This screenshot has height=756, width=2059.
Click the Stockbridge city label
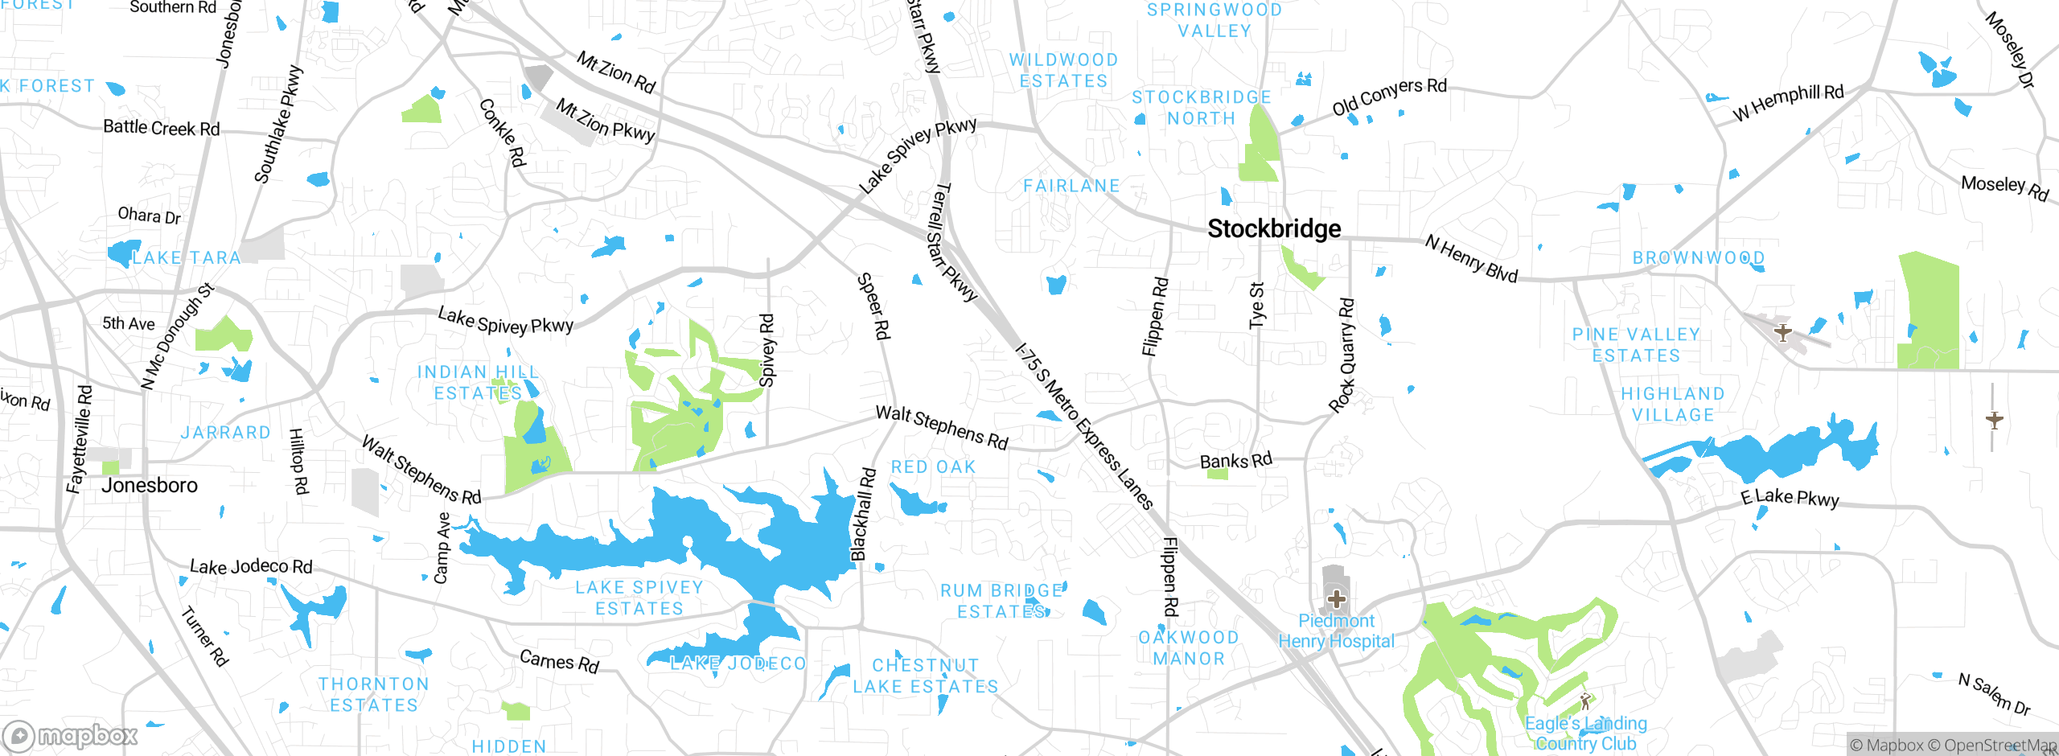pyautogui.click(x=1274, y=229)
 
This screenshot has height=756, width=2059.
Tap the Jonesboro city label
pyautogui.click(x=150, y=486)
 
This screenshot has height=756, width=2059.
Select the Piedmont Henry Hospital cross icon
pyautogui.click(x=1336, y=599)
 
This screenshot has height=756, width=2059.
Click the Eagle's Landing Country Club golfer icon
pyautogui.click(x=1584, y=701)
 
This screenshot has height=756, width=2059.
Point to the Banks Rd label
pyautogui.click(x=1235, y=461)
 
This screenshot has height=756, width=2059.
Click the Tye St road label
pyautogui.click(x=1256, y=305)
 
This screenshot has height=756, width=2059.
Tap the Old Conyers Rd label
pyautogui.click(x=1389, y=97)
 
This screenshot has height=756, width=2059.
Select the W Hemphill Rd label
pyautogui.click(x=1787, y=103)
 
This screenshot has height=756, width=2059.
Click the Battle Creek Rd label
pyautogui.click(x=161, y=128)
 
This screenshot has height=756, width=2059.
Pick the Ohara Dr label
pyautogui.click(x=149, y=216)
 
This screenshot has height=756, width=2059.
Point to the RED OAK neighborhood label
pyautogui.click(x=933, y=467)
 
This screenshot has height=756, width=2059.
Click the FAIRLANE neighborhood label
pyautogui.click(x=1071, y=187)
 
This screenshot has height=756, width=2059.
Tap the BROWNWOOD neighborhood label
pyautogui.click(x=1698, y=258)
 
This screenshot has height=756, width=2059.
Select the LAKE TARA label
pyautogui.click(x=186, y=258)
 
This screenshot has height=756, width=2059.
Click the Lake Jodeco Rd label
pyautogui.click(x=251, y=567)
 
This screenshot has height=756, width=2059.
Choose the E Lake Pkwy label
pyautogui.click(x=1790, y=498)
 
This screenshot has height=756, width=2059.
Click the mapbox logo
pyautogui.click(x=71, y=736)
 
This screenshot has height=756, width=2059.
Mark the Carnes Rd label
pyautogui.click(x=560, y=661)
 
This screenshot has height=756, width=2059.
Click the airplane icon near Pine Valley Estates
pyautogui.click(x=1783, y=332)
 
